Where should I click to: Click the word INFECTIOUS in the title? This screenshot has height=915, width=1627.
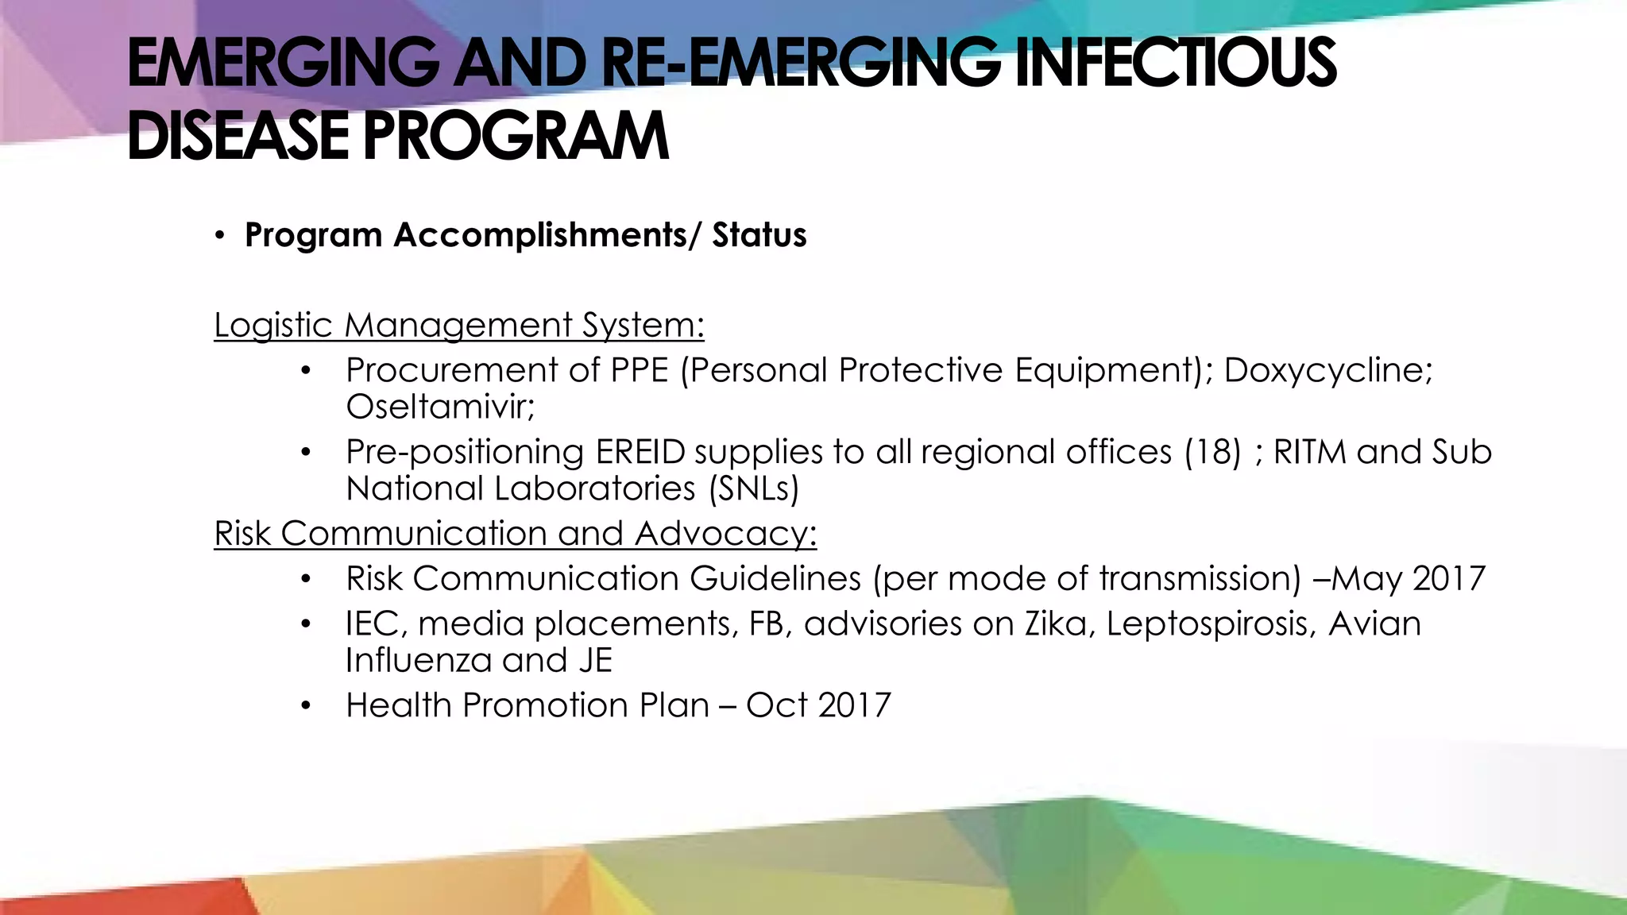coord(1176,64)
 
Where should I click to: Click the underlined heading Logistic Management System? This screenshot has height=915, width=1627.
coord(459,326)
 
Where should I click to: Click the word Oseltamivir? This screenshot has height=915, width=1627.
coord(440,407)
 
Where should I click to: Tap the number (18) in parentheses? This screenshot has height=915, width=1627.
coord(1212,452)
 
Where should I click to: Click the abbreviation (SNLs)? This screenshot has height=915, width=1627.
coord(753,488)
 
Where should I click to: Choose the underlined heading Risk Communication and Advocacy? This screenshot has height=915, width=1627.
coord(515,534)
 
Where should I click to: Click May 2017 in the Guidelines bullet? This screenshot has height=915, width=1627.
coord(1408,578)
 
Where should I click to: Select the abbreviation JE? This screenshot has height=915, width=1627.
coord(595,660)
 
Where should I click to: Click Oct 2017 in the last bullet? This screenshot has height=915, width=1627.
coord(818,705)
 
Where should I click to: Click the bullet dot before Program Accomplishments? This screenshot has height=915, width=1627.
coord(220,236)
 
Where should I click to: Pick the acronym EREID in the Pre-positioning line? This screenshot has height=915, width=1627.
coord(640,452)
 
